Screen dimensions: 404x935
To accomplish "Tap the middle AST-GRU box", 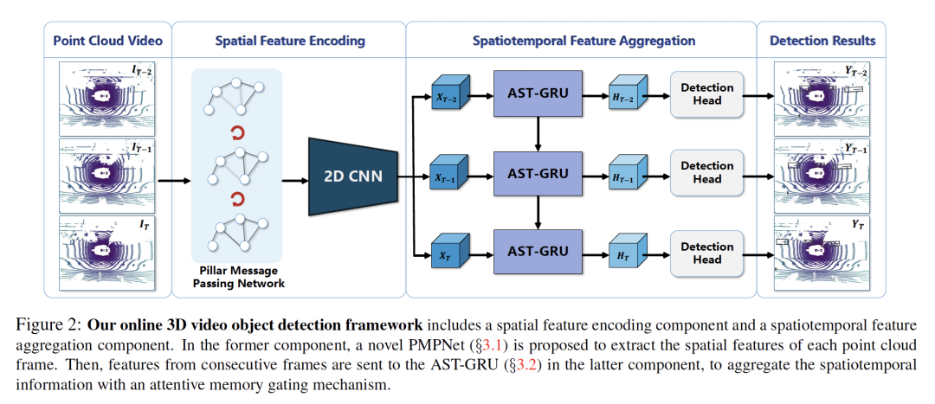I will coord(538,173).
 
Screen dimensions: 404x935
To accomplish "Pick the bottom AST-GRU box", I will coord(538,251).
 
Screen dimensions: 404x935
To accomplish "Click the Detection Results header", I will coord(822,41).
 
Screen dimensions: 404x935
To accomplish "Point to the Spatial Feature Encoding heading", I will coord(289,41).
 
